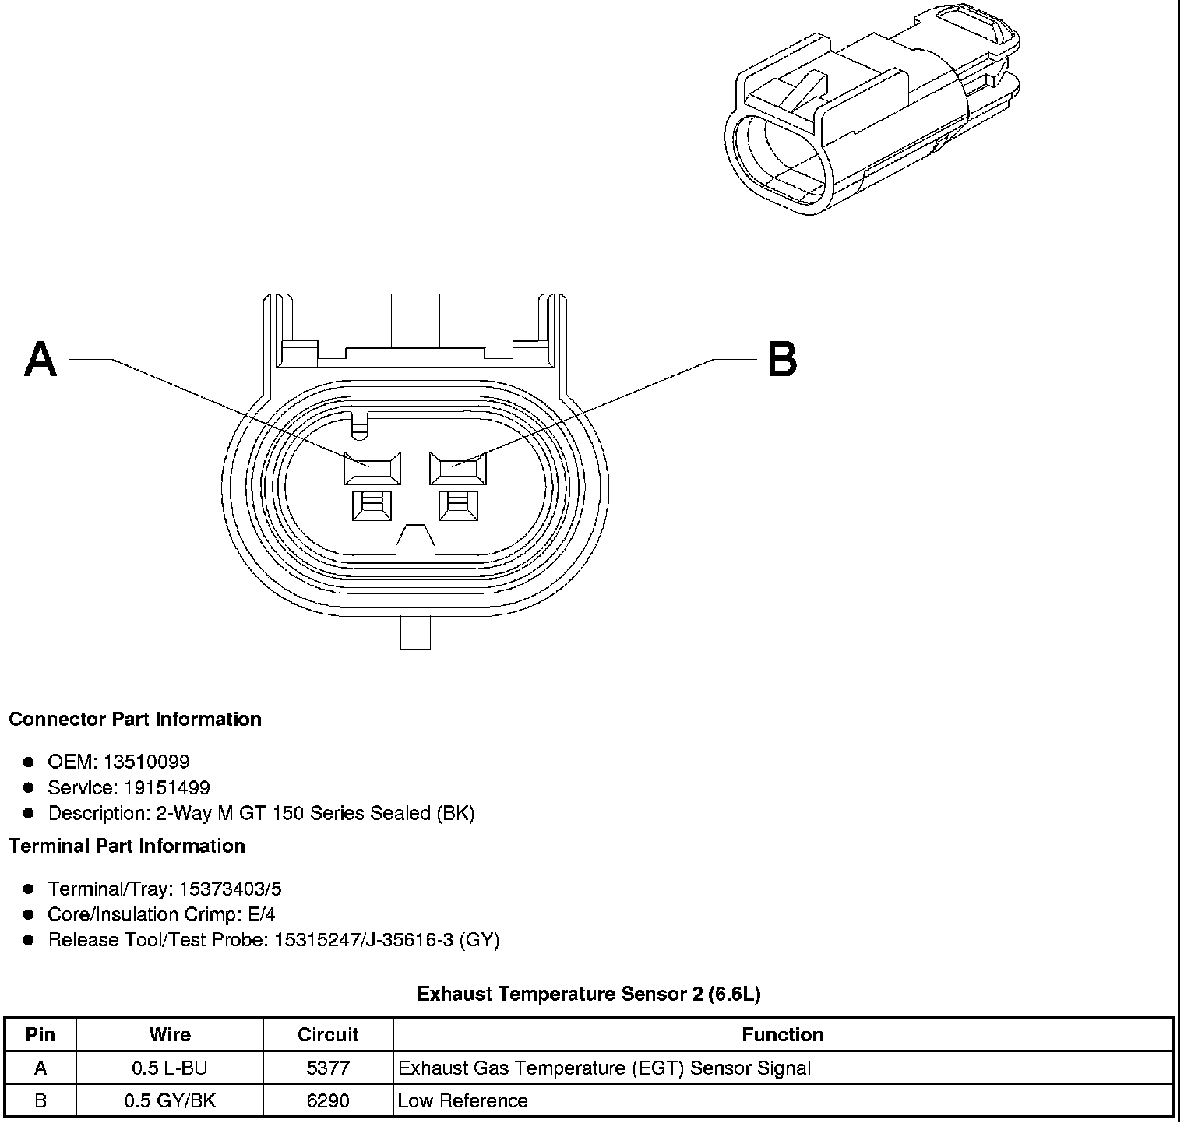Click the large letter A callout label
click(41, 360)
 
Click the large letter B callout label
click(781, 360)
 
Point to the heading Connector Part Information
click(135, 719)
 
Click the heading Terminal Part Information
click(127, 846)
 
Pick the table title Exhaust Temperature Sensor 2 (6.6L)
click(589, 994)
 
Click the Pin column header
click(41, 1034)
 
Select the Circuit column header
click(328, 1034)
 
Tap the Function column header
click(783, 1034)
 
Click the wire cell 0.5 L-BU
click(170, 1068)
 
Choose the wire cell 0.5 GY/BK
click(170, 1100)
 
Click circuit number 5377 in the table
click(328, 1068)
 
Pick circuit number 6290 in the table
click(328, 1100)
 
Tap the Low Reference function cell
click(463, 1100)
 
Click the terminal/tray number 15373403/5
click(230, 889)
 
